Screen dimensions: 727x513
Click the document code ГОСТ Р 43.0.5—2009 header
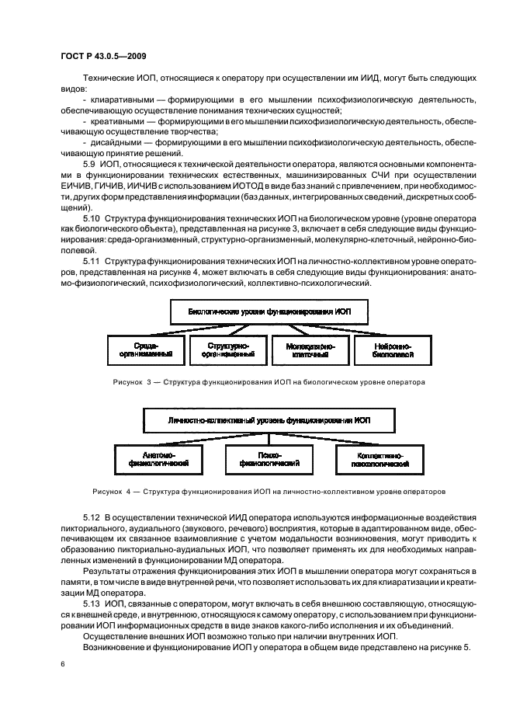(x=104, y=56)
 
